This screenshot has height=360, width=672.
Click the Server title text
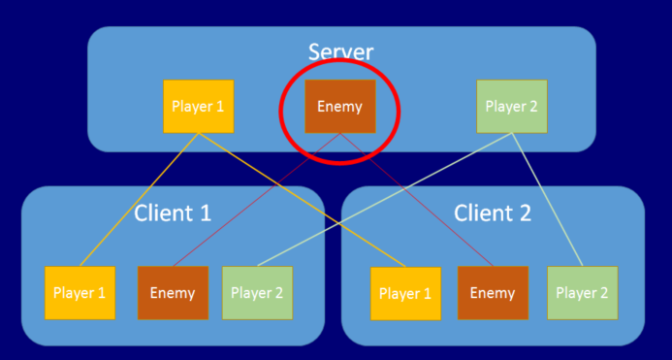point(340,51)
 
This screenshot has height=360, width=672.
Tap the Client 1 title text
point(173,213)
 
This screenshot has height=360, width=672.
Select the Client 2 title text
point(493,213)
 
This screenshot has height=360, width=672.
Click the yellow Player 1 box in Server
point(198,106)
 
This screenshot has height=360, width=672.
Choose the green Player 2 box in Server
point(512,106)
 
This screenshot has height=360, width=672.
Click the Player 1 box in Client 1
point(80,292)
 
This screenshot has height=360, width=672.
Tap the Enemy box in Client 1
point(173,292)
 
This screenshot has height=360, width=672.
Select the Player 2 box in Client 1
point(257,292)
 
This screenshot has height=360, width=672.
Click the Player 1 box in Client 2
point(405,292)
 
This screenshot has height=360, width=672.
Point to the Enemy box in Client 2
point(493,292)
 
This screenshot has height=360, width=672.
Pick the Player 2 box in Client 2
point(582,292)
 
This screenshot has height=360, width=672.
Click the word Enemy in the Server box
point(339,107)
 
